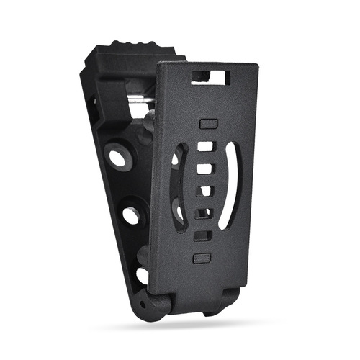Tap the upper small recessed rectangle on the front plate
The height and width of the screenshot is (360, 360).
[x=207, y=125]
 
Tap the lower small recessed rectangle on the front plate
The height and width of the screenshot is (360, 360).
[x=201, y=256]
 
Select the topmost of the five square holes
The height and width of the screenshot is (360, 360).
[x=207, y=146]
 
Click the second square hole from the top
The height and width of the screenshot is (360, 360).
[x=206, y=169]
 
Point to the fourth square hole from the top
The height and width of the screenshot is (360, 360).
[x=204, y=214]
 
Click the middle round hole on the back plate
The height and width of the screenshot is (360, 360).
[x=131, y=214]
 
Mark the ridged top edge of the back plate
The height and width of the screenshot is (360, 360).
[x=130, y=48]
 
